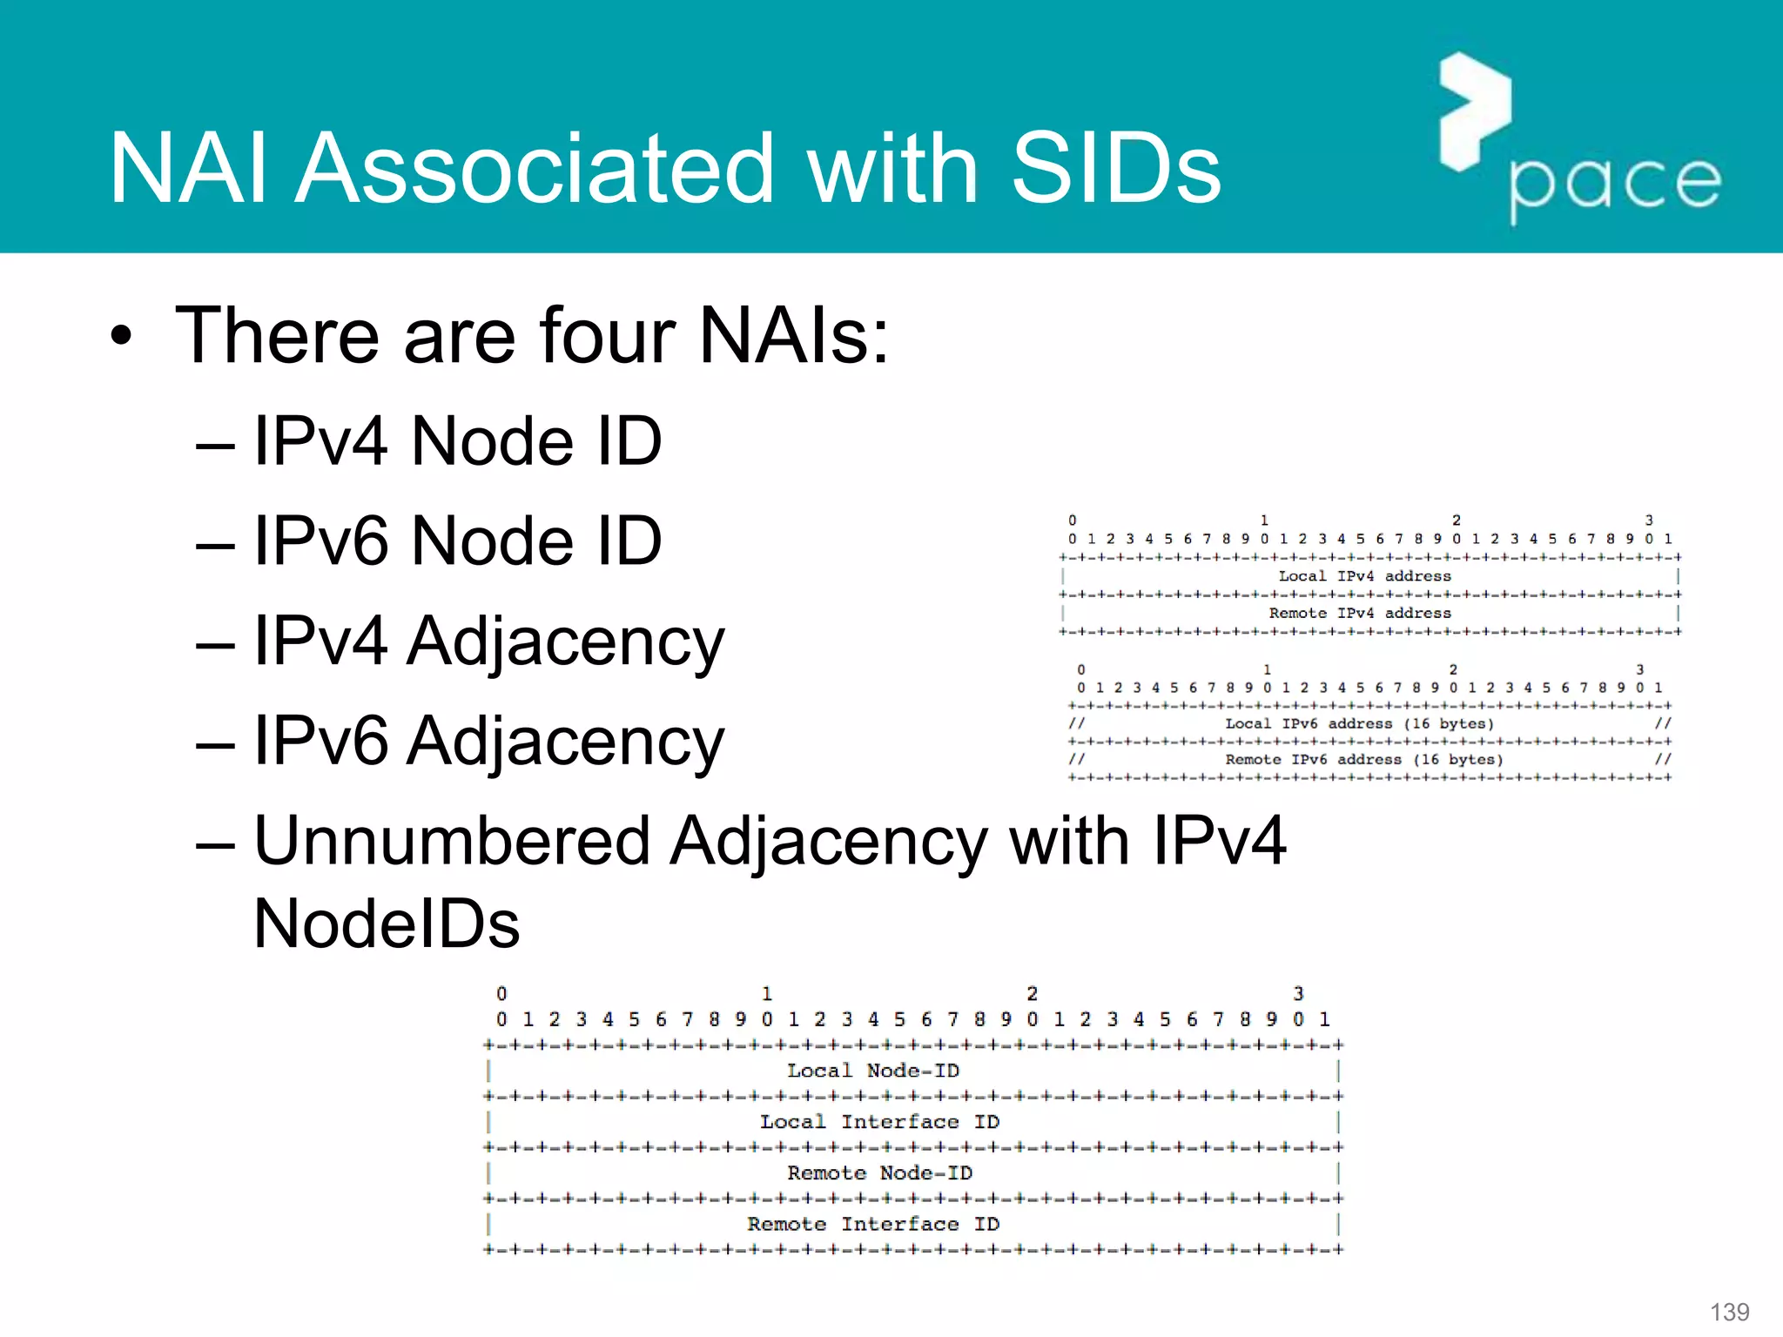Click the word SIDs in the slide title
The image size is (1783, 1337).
(1116, 169)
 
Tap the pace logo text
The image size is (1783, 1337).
(1615, 184)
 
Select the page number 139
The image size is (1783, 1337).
(1729, 1312)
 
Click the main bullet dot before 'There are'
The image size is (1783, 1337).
(122, 337)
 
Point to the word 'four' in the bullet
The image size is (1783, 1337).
(606, 335)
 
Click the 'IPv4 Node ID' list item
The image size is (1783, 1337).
(457, 441)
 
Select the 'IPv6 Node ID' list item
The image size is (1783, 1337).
(457, 541)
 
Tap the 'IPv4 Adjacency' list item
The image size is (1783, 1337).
(488, 642)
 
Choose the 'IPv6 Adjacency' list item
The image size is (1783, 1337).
(488, 742)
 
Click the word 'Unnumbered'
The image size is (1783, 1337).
(452, 842)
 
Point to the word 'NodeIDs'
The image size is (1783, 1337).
(387, 924)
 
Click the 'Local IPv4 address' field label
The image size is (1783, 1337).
(1364, 576)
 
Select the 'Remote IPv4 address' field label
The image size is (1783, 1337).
(1360, 614)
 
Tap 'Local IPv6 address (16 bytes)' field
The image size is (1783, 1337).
(1359, 724)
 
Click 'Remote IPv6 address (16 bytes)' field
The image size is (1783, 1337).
(1363, 760)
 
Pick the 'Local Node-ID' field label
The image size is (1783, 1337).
(873, 1071)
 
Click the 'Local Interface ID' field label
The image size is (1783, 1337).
(879, 1122)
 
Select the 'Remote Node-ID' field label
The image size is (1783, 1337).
(879, 1173)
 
